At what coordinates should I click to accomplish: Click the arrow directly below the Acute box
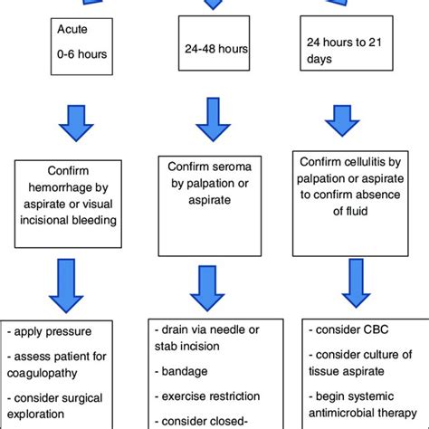(79, 125)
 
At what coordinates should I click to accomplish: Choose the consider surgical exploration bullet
(66, 408)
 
